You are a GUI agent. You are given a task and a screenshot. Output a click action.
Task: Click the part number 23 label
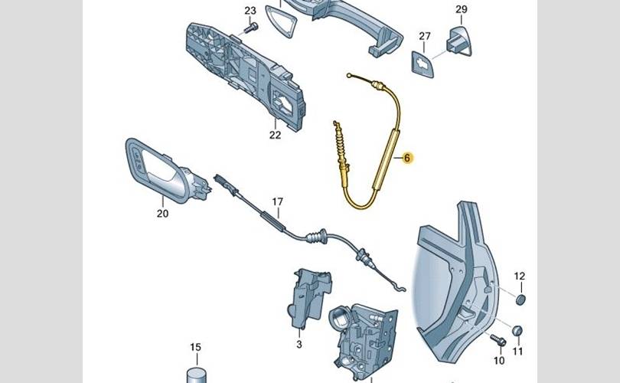coord(250,10)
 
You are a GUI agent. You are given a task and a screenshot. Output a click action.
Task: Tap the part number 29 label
coord(461,9)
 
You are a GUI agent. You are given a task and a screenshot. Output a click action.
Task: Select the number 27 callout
coord(426,36)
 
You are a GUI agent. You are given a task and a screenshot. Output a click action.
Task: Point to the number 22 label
coord(276,135)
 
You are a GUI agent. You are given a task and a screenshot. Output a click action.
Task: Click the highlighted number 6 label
coord(407,158)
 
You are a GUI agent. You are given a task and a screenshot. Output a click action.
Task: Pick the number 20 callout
coord(162,214)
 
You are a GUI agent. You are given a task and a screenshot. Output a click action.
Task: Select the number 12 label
coord(520,276)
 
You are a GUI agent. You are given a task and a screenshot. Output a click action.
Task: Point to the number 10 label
coord(499,360)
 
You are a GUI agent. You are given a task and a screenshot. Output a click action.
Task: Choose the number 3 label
coord(300,345)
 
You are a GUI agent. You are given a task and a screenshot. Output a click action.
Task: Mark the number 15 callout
coord(195,348)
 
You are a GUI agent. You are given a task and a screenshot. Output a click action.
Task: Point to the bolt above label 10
coord(496,339)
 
